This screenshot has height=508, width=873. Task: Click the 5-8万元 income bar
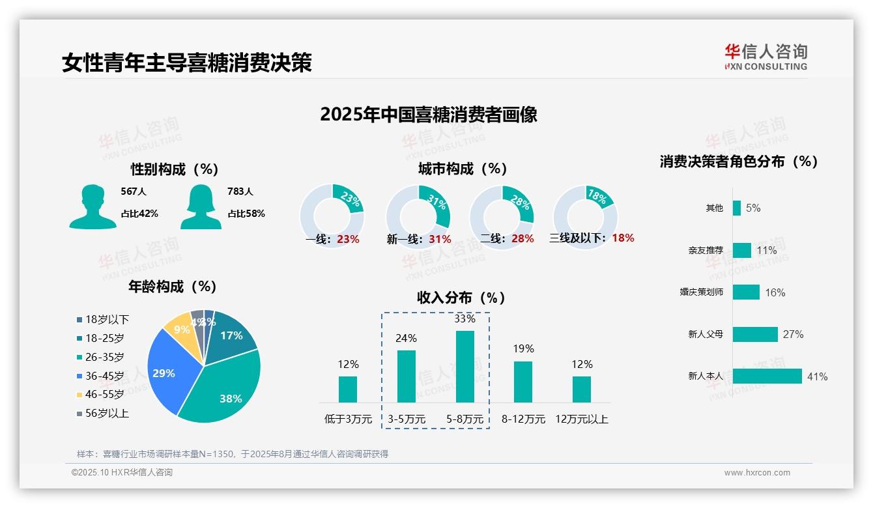[x=465, y=367]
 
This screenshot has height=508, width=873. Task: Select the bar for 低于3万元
[x=348, y=389]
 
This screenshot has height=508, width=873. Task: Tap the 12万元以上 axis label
[x=581, y=419]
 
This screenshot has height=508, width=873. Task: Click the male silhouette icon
[x=93, y=207]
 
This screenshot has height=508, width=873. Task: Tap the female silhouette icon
[x=201, y=207]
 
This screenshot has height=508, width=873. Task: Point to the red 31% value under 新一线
[x=440, y=239]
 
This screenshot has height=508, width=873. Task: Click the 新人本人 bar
[x=767, y=376]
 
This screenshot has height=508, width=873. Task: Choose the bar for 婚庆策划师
[x=746, y=292]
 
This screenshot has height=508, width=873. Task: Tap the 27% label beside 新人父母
[x=793, y=335]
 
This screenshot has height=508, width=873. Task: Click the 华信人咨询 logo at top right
[x=766, y=57]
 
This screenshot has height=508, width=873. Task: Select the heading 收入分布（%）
[x=461, y=298]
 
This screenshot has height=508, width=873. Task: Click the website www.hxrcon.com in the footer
[x=757, y=473]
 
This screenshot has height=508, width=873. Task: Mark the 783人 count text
[x=240, y=191]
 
